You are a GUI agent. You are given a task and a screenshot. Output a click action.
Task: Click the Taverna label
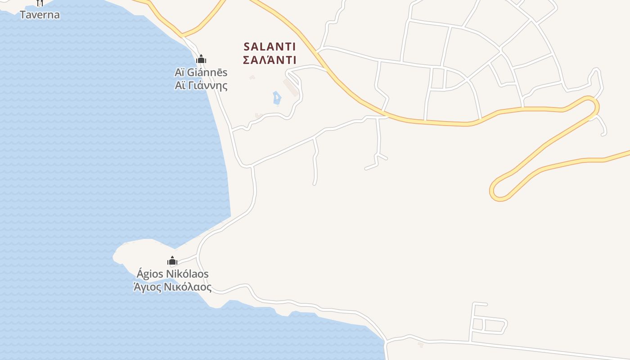point(40,15)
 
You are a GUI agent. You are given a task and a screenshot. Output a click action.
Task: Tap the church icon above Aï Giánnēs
point(201,59)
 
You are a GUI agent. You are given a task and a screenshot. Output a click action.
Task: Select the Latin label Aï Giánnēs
point(201,72)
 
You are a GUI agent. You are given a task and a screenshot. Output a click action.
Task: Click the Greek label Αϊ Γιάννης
point(201,85)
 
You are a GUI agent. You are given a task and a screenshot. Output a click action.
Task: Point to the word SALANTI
point(269,47)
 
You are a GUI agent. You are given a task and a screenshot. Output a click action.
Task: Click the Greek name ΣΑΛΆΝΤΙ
point(269,60)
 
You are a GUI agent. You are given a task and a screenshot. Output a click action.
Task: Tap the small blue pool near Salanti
point(276,98)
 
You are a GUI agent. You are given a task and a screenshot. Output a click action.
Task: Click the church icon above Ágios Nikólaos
point(172,261)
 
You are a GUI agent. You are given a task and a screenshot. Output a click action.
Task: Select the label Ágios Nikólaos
point(173,274)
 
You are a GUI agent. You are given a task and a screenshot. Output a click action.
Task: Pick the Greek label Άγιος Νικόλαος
point(173,287)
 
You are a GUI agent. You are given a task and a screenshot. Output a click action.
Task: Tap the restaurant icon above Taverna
point(40,3)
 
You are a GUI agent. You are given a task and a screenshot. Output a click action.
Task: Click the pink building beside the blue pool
point(290,88)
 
